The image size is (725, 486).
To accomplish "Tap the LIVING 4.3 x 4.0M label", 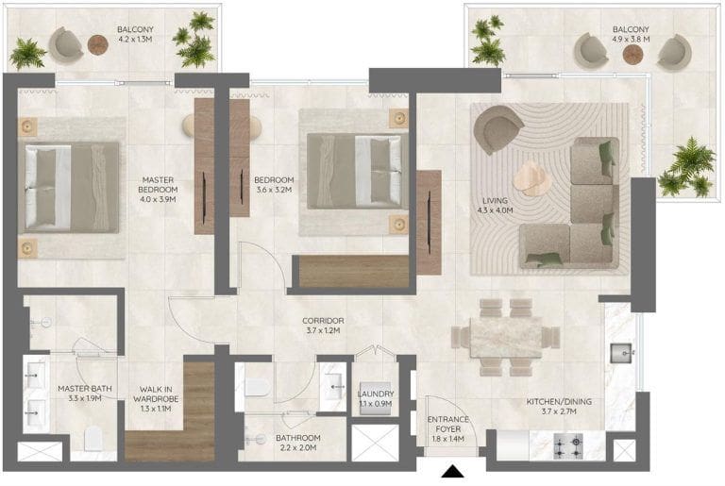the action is coord(496,206).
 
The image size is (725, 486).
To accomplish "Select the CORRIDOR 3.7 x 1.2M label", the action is coord(323,326).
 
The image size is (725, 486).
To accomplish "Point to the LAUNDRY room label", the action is coord(376,394).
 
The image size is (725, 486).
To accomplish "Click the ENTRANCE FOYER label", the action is coord(448,424).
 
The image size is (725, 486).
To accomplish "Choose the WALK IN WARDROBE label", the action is coord(156,394).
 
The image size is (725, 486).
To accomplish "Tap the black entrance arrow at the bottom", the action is coord(453,472).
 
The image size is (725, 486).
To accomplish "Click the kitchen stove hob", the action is coord(568,446).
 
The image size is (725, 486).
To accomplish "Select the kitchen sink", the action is coord(621,353).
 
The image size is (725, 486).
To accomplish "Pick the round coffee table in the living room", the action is coord(532,177).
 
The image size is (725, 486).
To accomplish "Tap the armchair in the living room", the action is coord(498,129).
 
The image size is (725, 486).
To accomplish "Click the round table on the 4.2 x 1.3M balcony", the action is coord(98,45).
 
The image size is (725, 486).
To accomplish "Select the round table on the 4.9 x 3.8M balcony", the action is coord(633,55).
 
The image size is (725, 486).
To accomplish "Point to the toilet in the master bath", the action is coord(93,438).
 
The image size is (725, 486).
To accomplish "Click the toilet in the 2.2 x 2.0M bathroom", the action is coord(257,388).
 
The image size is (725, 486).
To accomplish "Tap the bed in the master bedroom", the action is coord(68,187).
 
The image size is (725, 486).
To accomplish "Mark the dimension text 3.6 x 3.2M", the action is coord(274,190).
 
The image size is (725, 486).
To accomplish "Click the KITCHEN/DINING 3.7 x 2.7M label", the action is coord(559,407).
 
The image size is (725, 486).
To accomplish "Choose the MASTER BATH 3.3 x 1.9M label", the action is coord(85,394).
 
